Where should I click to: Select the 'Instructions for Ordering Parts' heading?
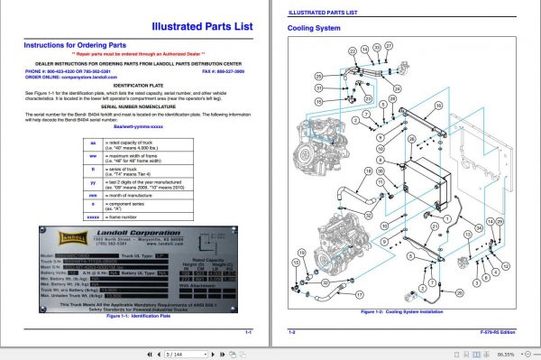point(74,43)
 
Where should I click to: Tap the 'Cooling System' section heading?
point(313,29)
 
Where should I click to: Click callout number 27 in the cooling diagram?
point(389,45)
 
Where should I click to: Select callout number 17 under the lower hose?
point(359,295)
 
